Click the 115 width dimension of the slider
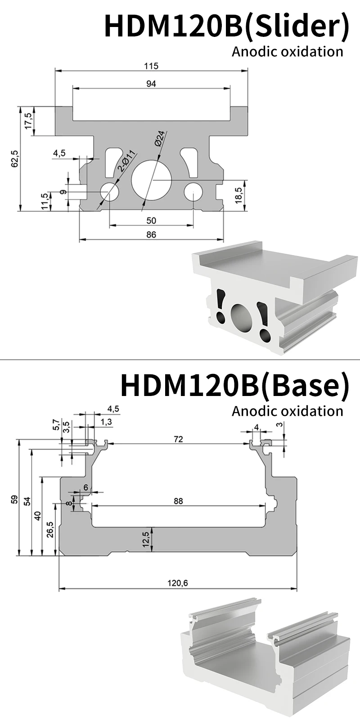coord(151,66)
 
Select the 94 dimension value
coord(151,84)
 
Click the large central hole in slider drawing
coord(151,179)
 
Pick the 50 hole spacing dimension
coord(151,220)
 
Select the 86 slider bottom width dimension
coord(151,234)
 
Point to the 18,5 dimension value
coord(238,196)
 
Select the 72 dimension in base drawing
coord(178,439)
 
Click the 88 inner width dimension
coord(178,501)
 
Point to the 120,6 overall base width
coord(177,583)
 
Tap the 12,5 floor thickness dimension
coord(145,539)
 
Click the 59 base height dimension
coord(14,499)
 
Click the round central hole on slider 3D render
coord(242,318)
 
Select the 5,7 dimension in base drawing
coord(56,424)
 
